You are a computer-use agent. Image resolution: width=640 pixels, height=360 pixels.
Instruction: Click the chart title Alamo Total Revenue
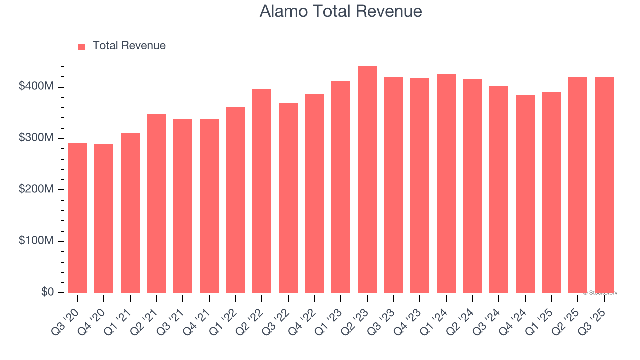coord(341,11)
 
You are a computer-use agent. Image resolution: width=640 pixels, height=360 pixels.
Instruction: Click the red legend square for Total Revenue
coord(82,46)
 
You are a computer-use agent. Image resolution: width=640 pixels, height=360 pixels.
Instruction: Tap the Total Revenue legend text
coord(129,46)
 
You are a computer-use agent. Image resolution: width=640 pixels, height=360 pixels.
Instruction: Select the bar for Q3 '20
coord(78,218)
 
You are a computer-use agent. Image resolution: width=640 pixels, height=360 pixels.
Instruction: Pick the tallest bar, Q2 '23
coord(367,180)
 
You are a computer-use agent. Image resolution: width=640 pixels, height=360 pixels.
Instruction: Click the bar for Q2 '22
coord(262,191)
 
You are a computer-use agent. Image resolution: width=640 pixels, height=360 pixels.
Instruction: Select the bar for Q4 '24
coord(525,194)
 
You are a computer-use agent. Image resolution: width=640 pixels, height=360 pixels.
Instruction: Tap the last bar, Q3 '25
coord(604,185)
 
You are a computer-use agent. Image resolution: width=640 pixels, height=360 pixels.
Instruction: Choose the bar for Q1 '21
coord(130,213)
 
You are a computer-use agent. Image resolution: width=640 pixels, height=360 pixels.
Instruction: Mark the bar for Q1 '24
coord(446,183)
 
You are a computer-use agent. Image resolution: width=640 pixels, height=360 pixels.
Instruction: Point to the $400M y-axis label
coord(36,86)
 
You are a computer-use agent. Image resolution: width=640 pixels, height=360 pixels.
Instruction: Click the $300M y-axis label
coord(36,138)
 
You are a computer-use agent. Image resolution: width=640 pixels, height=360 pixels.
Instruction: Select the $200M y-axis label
coord(36,189)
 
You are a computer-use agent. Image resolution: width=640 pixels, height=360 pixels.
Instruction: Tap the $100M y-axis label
coord(36,241)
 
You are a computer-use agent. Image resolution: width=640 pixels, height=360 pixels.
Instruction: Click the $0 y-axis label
coord(48,292)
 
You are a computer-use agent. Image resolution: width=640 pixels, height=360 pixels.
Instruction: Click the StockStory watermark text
coord(600,293)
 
